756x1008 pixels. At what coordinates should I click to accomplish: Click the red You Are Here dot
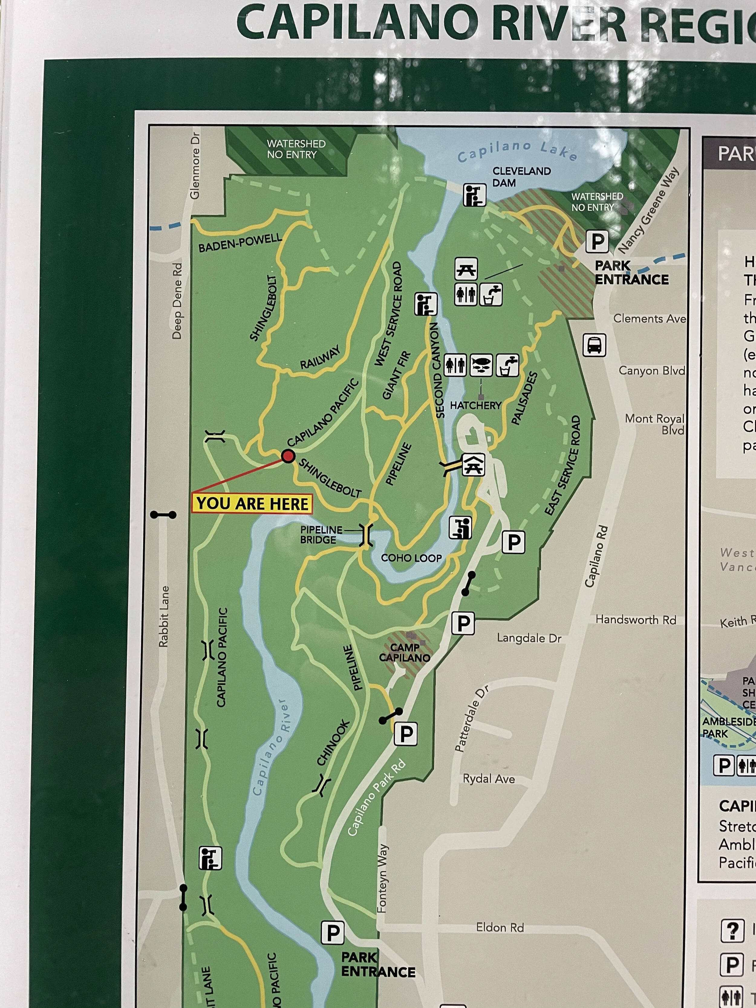click(x=288, y=456)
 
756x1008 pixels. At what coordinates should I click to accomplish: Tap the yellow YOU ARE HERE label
click(x=252, y=504)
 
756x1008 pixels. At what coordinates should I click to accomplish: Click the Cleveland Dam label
click(x=521, y=177)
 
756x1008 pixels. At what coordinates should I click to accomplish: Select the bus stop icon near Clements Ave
click(x=594, y=345)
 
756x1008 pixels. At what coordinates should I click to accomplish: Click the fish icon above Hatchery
click(x=481, y=365)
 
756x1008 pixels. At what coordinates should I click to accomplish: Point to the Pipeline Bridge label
click(x=321, y=534)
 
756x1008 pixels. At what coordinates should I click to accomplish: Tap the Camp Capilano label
click(x=404, y=653)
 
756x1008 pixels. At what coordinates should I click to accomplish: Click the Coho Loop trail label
click(x=411, y=558)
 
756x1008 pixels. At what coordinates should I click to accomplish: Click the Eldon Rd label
click(x=500, y=927)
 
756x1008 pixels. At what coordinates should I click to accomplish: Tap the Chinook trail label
click(x=333, y=743)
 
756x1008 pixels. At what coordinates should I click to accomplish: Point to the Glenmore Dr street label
click(x=195, y=165)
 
